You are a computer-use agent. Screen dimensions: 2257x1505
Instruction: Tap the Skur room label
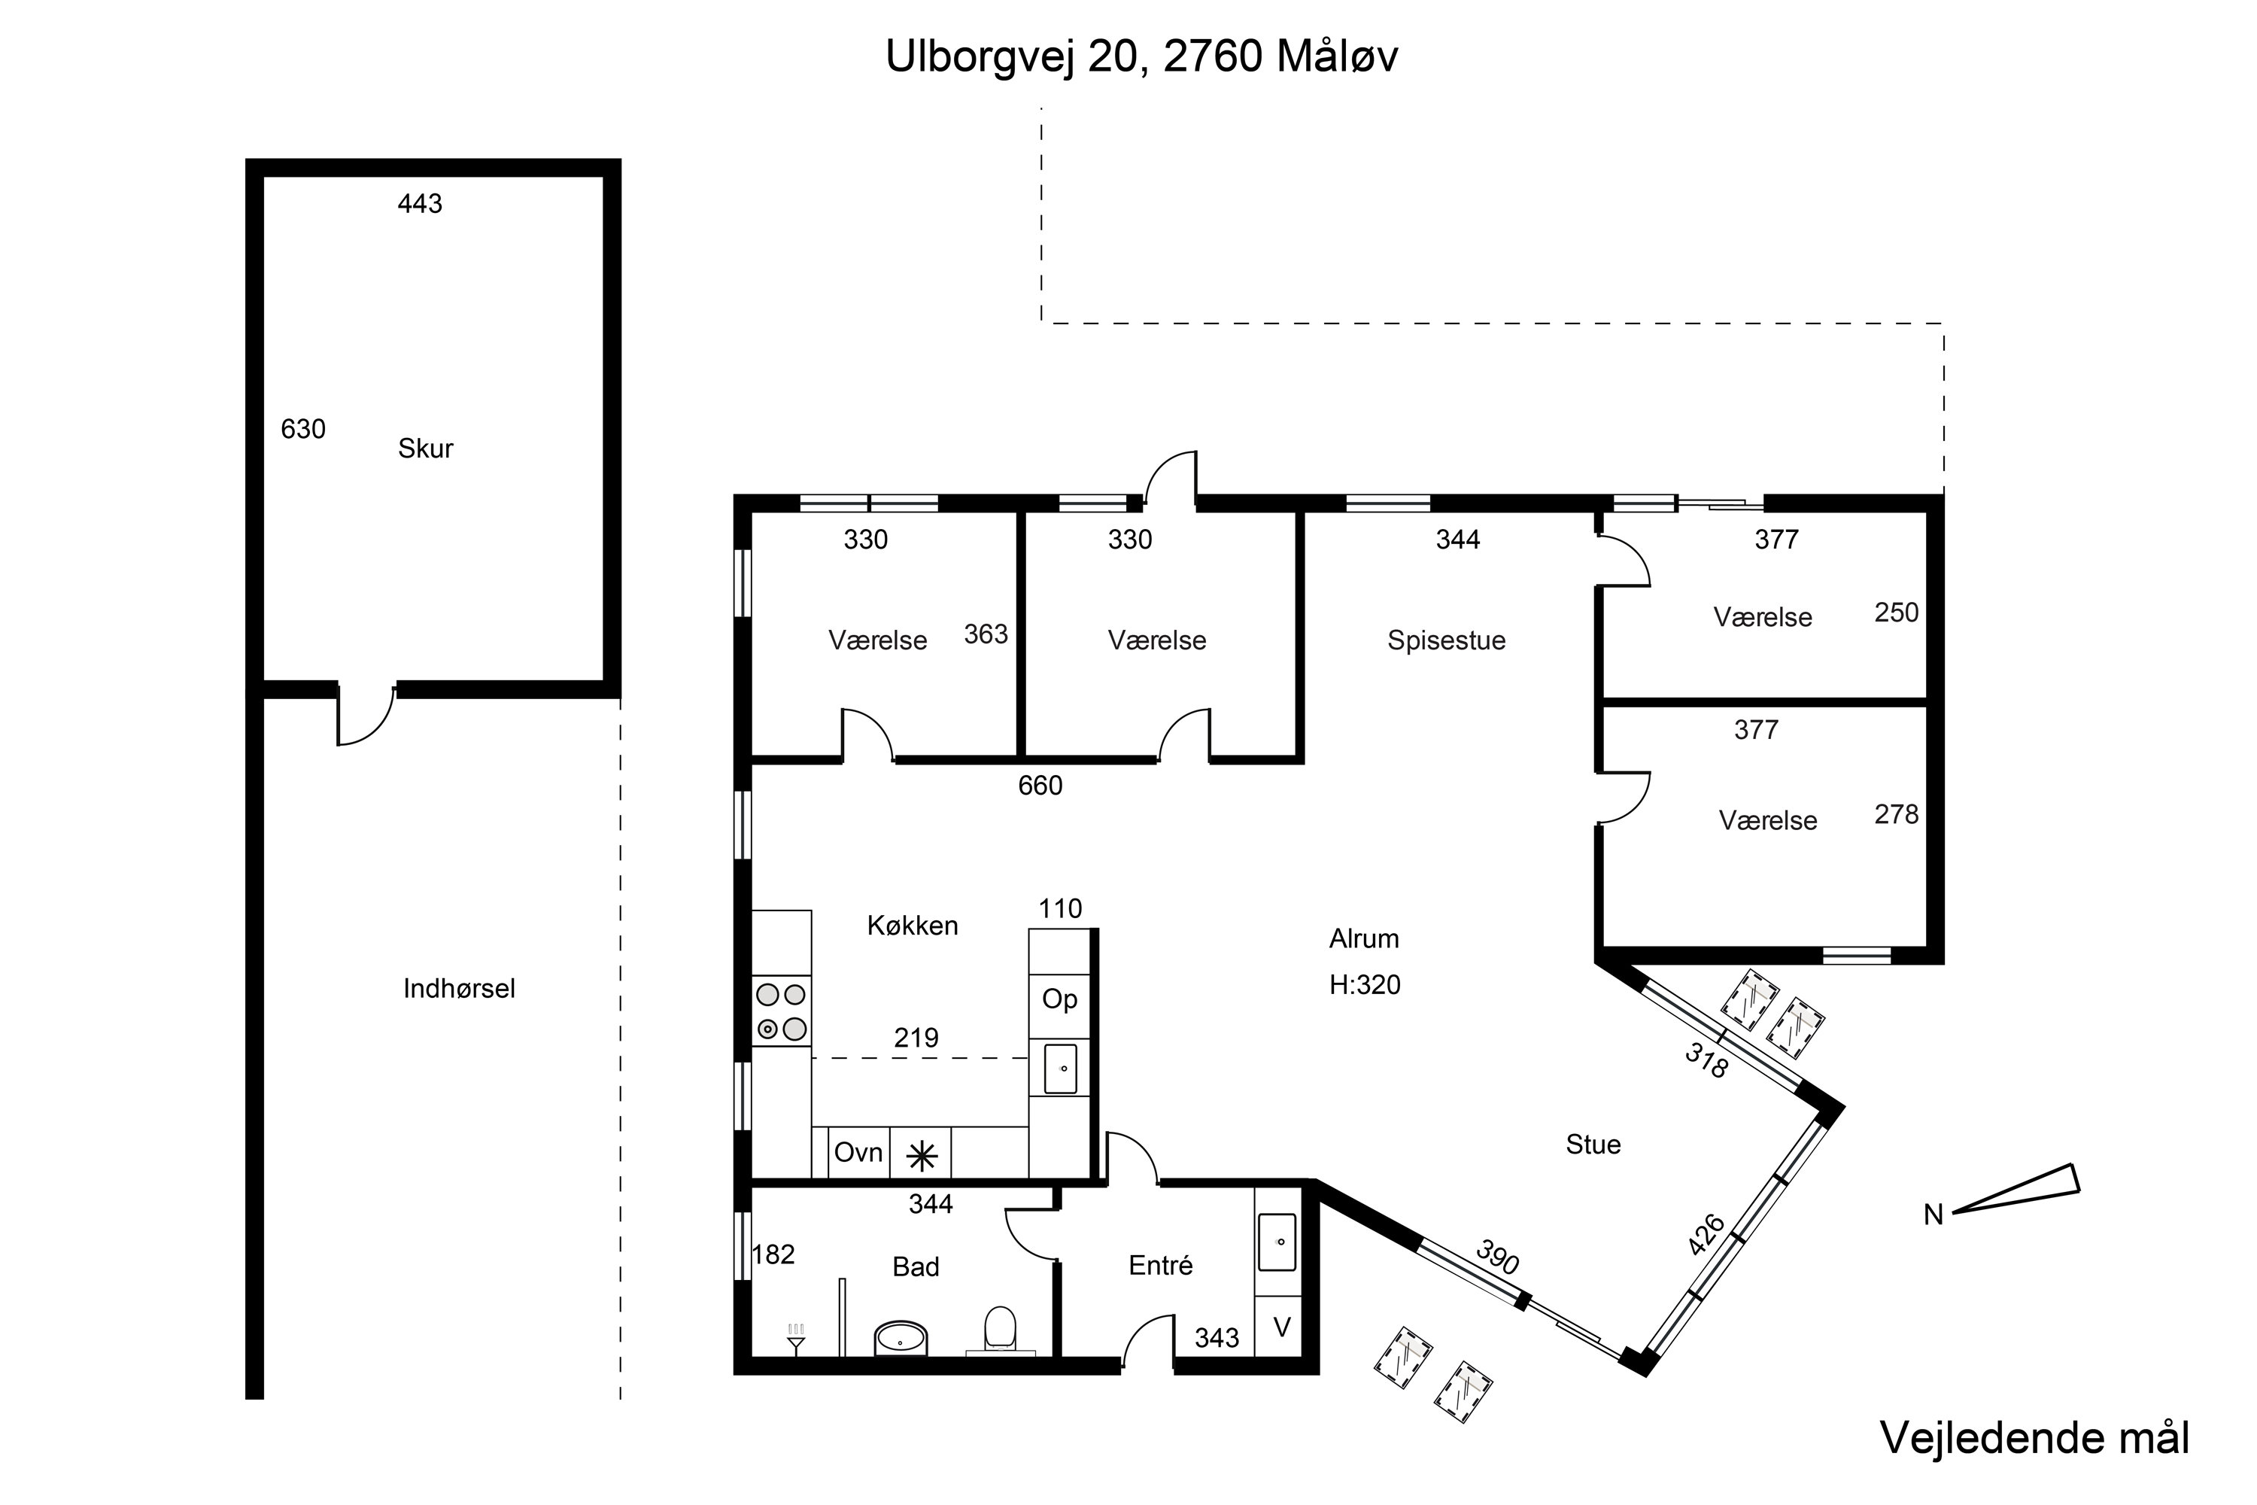pos(425,448)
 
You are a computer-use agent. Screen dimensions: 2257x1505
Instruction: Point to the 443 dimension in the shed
pos(421,203)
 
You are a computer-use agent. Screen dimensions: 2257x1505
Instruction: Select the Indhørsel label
pos(459,989)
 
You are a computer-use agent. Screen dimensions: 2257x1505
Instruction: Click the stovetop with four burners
pos(781,1011)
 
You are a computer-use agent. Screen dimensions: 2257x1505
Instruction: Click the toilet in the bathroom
pos(1000,1330)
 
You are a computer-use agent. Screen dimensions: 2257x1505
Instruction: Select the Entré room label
pos(1161,1265)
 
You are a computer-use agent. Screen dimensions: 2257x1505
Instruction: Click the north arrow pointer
pos(2016,1196)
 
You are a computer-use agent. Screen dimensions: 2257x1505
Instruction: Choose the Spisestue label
pos(1446,641)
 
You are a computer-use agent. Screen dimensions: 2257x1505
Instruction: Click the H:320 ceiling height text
pos(1365,985)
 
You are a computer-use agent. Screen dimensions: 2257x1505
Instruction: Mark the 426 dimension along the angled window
pos(1706,1236)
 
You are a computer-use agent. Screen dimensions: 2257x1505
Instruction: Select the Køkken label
pos(913,926)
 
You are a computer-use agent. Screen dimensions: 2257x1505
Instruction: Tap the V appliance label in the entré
pos(1281,1327)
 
